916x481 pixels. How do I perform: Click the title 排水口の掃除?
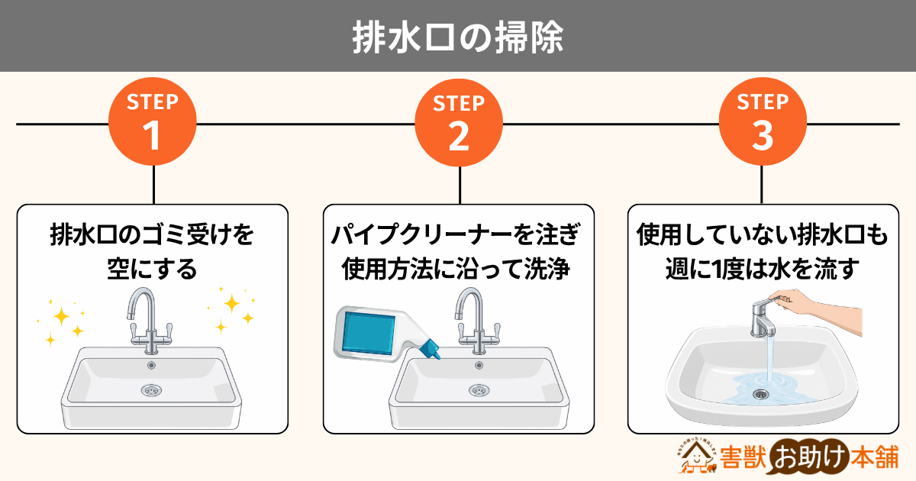coord(458,37)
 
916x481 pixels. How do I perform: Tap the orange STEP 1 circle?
coord(153,121)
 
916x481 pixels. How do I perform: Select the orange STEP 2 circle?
coord(459,122)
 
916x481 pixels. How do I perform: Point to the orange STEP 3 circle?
coord(763,121)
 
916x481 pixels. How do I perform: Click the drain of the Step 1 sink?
coord(151,390)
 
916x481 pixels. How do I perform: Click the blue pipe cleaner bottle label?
coord(369,333)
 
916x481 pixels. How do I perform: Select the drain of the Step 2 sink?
coord(479,390)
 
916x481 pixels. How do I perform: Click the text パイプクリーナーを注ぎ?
coord(456,235)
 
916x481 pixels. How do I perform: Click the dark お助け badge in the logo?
coord(809,457)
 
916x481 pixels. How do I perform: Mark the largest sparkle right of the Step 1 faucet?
coord(231,304)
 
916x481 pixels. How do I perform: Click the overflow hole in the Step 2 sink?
coord(479,365)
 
